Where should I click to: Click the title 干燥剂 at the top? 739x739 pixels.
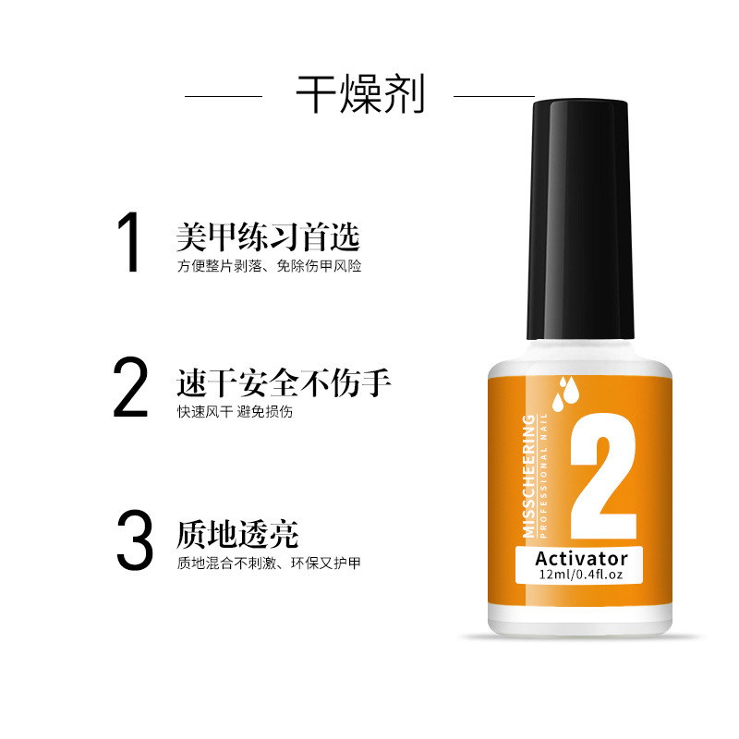(360, 94)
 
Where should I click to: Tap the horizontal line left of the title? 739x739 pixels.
(224, 96)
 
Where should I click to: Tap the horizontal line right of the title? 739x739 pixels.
(494, 96)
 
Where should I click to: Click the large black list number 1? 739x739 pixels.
(129, 242)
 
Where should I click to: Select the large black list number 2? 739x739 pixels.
(130, 386)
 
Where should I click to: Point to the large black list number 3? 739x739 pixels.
(135, 539)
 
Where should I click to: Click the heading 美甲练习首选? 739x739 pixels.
(268, 236)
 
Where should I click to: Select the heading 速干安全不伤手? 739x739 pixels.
(284, 382)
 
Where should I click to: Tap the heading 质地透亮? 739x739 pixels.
(237, 534)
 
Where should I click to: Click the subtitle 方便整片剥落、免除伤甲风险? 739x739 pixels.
(269, 266)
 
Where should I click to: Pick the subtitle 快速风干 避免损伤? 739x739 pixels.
(235, 411)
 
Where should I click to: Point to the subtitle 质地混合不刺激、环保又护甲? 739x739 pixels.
(269, 563)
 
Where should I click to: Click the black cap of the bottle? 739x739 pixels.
(580, 219)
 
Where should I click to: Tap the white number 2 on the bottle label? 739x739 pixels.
(603, 476)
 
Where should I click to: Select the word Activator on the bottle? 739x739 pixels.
(582, 559)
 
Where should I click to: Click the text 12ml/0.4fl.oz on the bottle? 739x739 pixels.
(581, 575)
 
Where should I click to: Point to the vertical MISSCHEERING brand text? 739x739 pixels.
(528, 476)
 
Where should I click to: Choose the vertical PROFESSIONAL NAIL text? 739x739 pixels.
(543, 476)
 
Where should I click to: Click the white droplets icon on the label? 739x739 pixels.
(565, 394)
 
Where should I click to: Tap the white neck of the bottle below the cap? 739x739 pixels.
(580, 350)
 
